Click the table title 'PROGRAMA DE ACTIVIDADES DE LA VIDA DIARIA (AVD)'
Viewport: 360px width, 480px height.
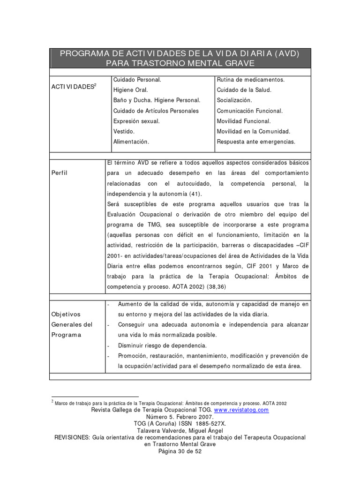(180, 53)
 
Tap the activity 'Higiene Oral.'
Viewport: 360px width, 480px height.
(130, 90)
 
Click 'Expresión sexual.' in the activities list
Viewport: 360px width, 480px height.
(136, 121)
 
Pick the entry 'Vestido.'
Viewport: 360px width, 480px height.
(124, 131)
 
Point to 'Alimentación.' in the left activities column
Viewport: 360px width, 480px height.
(131, 142)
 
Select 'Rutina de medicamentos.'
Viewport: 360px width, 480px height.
(250, 80)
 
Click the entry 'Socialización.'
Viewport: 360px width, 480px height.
(234, 100)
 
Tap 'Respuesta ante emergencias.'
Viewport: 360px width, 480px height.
(256, 142)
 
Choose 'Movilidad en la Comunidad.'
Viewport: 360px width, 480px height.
(253, 131)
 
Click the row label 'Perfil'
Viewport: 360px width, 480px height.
(60, 172)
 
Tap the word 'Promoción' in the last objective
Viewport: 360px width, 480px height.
(133, 356)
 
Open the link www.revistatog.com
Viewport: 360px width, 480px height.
(241, 410)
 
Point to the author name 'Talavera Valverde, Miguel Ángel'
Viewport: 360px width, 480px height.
(180, 430)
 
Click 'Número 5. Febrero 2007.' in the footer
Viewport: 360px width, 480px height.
(180, 416)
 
